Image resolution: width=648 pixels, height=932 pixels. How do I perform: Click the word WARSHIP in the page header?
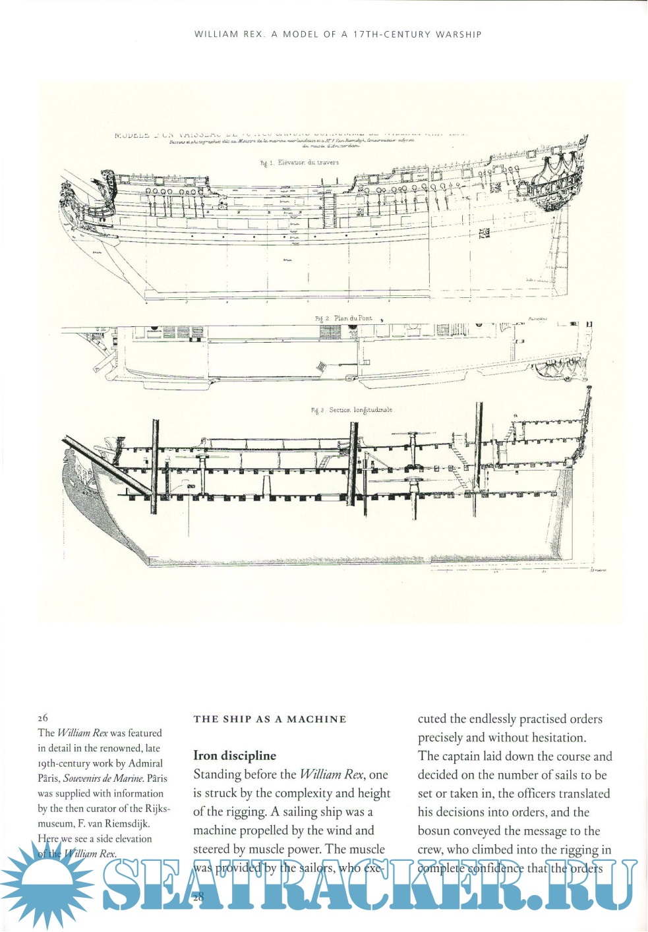(x=458, y=34)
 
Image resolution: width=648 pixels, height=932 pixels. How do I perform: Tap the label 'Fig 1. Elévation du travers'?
(x=299, y=162)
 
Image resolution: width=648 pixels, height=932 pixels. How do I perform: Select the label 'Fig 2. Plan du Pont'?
(x=343, y=318)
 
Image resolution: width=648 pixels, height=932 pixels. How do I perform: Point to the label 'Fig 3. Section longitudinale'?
(x=352, y=410)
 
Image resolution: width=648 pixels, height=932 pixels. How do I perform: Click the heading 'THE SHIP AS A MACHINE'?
(x=270, y=719)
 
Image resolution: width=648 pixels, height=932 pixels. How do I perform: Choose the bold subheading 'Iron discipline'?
(x=235, y=756)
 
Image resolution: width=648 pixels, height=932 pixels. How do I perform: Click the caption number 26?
(x=43, y=718)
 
